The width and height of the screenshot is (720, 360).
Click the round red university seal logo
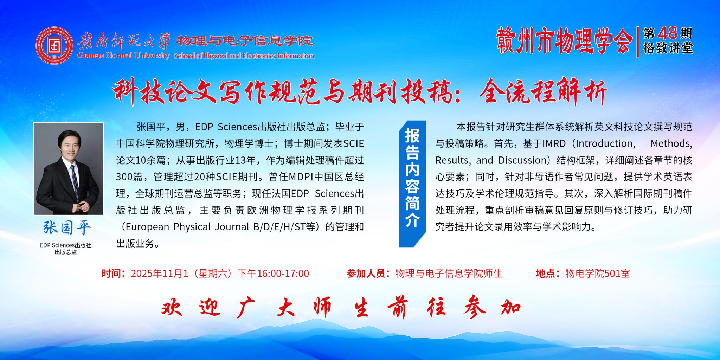coord(54,45)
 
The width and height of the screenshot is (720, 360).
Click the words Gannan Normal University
coord(123,56)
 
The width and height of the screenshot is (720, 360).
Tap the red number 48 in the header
coord(667,33)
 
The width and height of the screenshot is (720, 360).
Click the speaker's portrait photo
coord(69,168)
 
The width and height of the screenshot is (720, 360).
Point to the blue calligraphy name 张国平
coord(67,227)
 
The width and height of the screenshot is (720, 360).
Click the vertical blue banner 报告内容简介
coord(412,184)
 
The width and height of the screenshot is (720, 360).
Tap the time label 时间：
coord(114,274)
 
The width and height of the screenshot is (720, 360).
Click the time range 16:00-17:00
coord(283,274)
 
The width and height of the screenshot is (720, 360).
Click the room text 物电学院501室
coord(598,274)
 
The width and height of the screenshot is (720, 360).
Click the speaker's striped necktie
coord(74,180)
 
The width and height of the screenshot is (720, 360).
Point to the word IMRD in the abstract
coord(554,143)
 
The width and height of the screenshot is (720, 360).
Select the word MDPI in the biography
coord(301,177)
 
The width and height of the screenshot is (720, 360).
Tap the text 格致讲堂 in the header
coord(668,48)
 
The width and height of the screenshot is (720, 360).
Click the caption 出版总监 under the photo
coord(66,252)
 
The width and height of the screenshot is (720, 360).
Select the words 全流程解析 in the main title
coord(544,92)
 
